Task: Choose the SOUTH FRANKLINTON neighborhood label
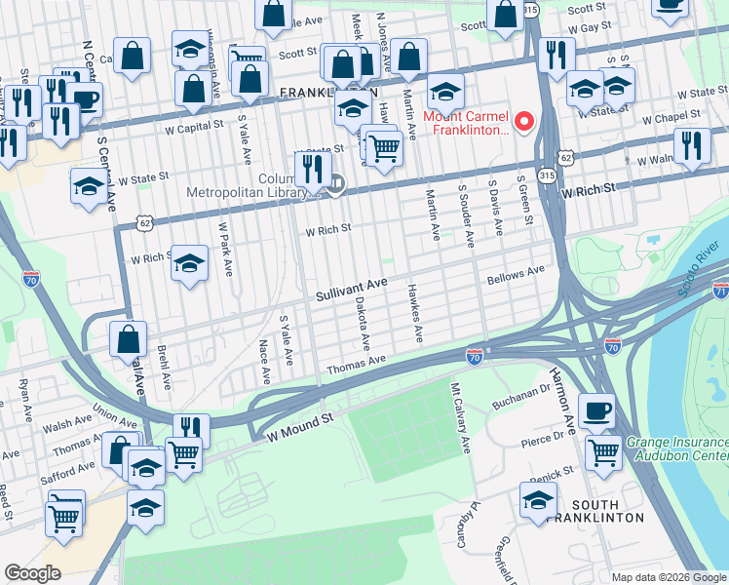[x=608, y=510]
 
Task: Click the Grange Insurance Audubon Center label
[x=676, y=448]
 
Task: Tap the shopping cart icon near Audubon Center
[x=603, y=451]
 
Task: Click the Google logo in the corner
[x=32, y=573]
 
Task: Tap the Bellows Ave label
[x=516, y=276]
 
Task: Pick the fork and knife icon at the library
[x=313, y=169]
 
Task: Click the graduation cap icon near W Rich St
[x=189, y=262]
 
